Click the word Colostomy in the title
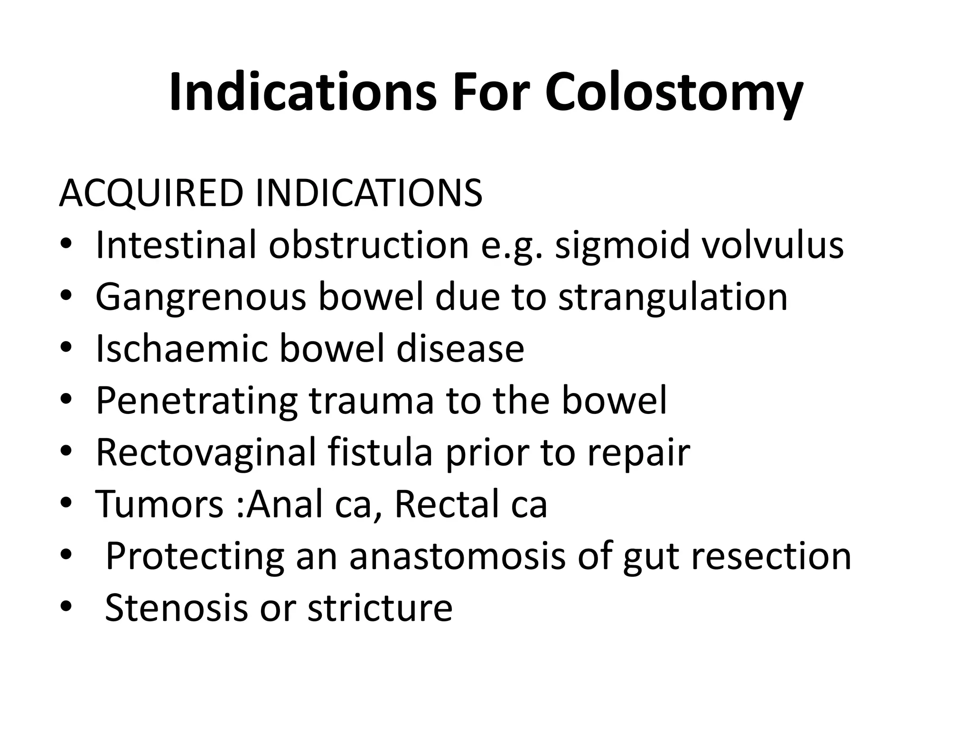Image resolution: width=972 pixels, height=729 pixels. tap(673, 93)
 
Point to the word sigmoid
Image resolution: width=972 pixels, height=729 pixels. tap(622, 245)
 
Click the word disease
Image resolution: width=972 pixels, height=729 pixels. tap(460, 349)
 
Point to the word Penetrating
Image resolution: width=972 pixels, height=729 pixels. tap(196, 401)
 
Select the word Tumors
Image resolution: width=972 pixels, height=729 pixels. tap(159, 504)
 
